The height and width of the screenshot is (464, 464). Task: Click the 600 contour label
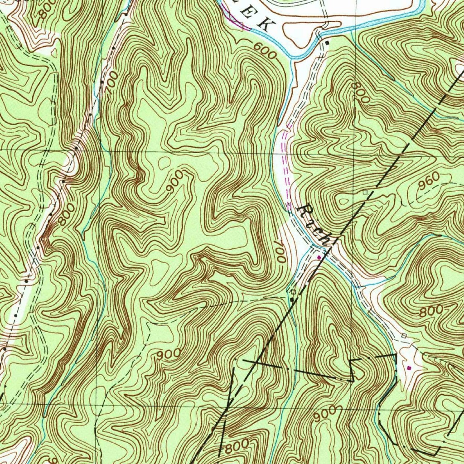pyautogui.click(x=265, y=51)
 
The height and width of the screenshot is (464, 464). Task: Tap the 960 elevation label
pyautogui.click(x=429, y=182)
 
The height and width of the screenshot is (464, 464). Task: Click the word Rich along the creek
pyautogui.click(x=315, y=224)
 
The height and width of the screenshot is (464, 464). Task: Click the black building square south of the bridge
pyautogui.click(x=327, y=43)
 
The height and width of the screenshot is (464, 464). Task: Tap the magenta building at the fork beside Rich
pyautogui.click(x=319, y=257)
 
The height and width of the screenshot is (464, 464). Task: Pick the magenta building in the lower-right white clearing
pyautogui.click(x=410, y=368)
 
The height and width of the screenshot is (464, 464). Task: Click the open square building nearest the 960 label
pyautogui.click(x=365, y=193)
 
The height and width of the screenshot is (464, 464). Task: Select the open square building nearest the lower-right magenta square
pyautogui.click(x=404, y=335)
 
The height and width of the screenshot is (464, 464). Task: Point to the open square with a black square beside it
pyautogui.click(x=293, y=292)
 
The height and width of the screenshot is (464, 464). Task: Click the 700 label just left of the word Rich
pyautogui.click(x=279, y=252)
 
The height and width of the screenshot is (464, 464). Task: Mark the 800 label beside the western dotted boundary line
pyautogui.click(x=65, y=217)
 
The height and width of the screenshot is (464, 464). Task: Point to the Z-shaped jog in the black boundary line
pyautogui.click(x=353, y=370)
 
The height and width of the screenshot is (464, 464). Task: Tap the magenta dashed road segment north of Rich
pyautogui.click(x=285, y=159)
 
